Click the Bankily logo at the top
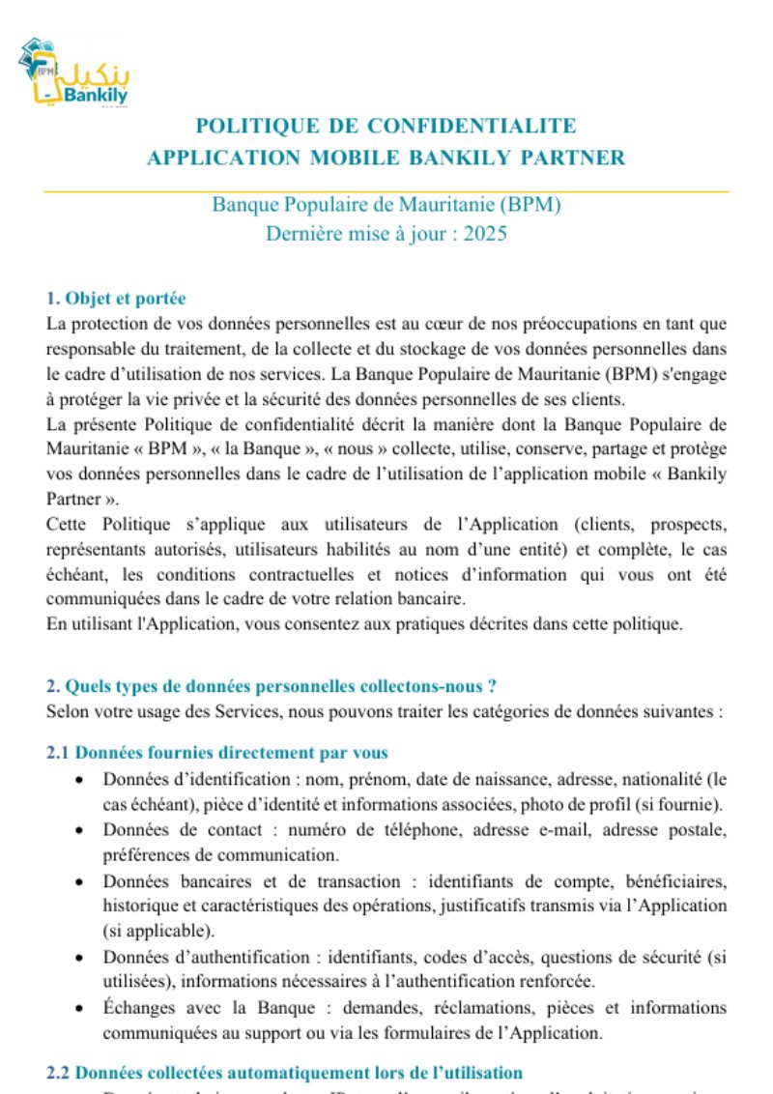tap(73, 74)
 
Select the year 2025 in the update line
tap(483, 233)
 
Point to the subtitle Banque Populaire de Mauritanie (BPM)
tap(386, 205)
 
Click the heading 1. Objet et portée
tap(116, 299)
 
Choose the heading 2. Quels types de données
tap(272, 687)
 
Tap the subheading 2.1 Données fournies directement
tap(217, 753)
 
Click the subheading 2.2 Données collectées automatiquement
tap(285, 1073)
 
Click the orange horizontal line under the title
tap(386, 191)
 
